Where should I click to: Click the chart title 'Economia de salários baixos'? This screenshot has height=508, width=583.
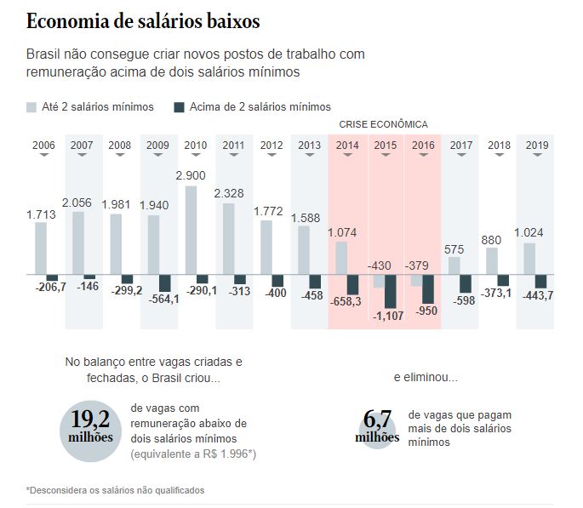pos(143,20)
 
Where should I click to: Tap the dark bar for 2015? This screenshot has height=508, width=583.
pos(391,291)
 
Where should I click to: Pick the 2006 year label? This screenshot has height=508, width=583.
pos(43,146)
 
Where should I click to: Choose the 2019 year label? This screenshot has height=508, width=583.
pos(536,146)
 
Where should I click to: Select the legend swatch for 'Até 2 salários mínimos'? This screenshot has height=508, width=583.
pos(31,107)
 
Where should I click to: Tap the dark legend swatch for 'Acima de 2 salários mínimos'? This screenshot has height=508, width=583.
pos(179,107)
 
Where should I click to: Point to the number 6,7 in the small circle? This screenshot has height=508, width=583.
pos(377,420)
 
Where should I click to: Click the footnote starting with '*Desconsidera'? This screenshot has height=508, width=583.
pos(115,490)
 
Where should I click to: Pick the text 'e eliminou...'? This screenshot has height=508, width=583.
pos(426,376)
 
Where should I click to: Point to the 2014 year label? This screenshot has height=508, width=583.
pos(347,146)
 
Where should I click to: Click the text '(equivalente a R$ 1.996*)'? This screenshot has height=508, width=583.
pos(193,454)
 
